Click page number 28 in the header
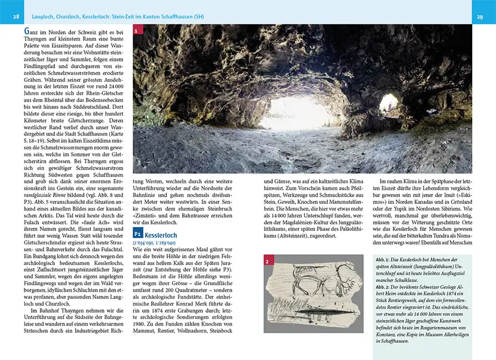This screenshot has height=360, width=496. click(16, 17)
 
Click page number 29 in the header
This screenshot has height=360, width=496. click(479, 17)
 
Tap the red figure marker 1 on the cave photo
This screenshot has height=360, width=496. click(137, 32)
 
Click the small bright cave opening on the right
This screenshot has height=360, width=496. click(388, 103)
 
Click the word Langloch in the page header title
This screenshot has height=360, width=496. click(46, 17)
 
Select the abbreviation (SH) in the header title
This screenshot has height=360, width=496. click(197, 17)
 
